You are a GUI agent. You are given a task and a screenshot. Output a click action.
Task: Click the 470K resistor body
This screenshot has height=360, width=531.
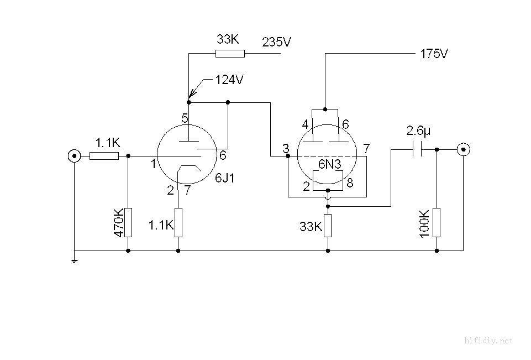coord(128,222)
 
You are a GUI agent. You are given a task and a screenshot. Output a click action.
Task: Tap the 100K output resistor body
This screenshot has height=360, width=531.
coord(437,222)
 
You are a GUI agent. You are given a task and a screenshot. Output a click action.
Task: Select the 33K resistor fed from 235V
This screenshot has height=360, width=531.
coord(229,54)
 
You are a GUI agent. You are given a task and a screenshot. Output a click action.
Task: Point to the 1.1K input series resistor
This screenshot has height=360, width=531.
coord(104,156)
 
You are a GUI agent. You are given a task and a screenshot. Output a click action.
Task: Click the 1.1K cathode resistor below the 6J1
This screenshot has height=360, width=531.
coord(178,222)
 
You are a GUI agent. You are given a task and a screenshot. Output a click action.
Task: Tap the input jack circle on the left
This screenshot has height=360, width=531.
coord(73,155)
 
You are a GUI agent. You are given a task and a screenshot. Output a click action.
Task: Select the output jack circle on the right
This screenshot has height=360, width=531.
coord(463,149)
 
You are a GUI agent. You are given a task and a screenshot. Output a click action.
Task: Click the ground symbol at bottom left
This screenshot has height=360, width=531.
coord(73,259)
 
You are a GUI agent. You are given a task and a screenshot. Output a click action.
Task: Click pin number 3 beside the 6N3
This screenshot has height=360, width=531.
coord(285,148)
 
